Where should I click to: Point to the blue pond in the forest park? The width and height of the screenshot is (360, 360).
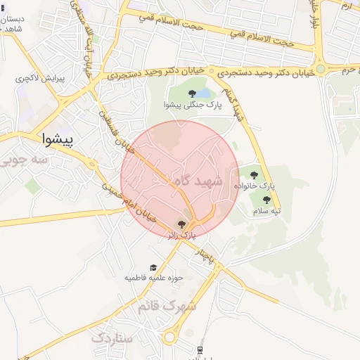click(202, 93)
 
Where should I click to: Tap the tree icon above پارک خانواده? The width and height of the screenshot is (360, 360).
click(254, 175)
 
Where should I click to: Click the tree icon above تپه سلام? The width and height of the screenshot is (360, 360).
click(266, 200)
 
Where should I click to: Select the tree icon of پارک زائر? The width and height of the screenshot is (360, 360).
click(182, 224)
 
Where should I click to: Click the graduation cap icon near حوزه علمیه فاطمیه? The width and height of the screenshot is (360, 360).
click(153, 267)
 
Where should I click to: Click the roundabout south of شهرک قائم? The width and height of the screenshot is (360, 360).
click(169, 337)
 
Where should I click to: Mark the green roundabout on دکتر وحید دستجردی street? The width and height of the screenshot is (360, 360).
click(321, 69)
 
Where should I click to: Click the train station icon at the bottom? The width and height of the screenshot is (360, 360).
click(200, 350)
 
